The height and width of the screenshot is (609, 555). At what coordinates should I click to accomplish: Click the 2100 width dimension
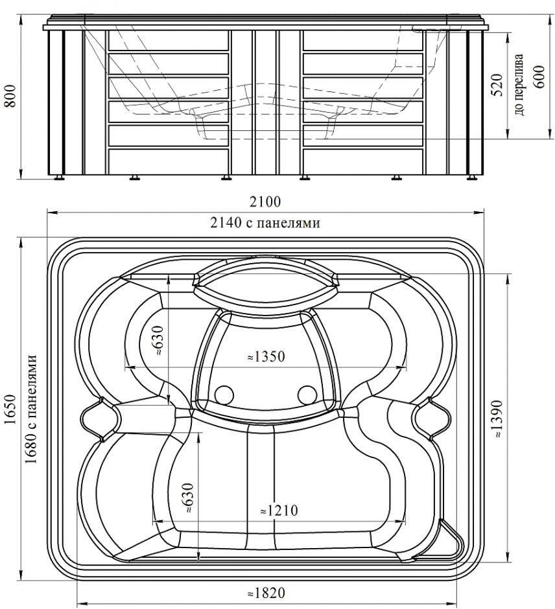click(x=266, y=202)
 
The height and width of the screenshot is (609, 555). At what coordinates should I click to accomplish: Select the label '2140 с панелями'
click(x=266, y=223)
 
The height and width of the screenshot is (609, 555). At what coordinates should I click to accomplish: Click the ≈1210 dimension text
click(x=278, y=511)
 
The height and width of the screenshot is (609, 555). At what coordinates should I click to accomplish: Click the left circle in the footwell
click(x=224, y=393)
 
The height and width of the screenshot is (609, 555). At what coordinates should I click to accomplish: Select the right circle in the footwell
click(x=307, y=393)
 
